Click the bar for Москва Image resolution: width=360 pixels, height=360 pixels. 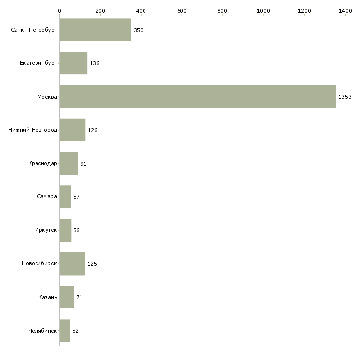coord(197,97)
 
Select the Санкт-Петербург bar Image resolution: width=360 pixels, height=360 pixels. coord(95,30)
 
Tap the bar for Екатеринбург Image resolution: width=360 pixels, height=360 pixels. coord(73,63)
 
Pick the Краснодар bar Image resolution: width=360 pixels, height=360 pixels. coord(69,163)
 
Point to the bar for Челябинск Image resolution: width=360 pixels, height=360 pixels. coord(65,330)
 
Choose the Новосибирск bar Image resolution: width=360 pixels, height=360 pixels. coord(72,264)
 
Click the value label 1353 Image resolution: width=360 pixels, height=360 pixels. coord(345,97)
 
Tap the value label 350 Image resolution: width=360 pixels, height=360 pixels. coord(138,30)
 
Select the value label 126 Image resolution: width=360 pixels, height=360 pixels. coord(92,130)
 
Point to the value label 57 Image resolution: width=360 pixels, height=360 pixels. coord(76,197)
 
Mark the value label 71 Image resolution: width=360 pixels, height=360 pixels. coord(79,297)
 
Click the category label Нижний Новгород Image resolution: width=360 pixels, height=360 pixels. coord(33,130)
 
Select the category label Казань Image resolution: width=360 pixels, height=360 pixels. coord(48,297)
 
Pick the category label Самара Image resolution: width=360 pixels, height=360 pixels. coord(47,197)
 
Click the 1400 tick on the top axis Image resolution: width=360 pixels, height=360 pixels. coord(345,10)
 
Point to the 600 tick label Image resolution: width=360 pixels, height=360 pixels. coord(181,10)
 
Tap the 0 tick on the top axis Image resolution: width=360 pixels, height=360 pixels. coord(59,10)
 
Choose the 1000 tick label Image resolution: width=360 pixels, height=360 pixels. coord(263,10)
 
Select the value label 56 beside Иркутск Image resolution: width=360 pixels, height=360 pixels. coord(76,230)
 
